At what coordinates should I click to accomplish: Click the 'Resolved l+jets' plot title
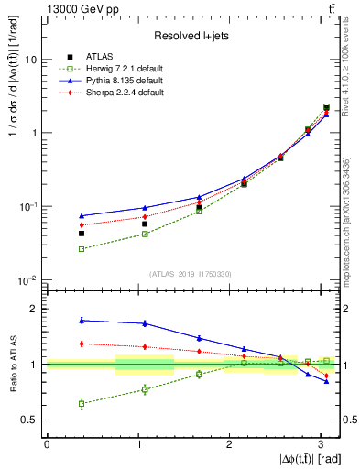tap(191, 36)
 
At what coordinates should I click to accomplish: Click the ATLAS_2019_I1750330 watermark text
tap(191, 274)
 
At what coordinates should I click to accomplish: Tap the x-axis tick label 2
tap(229, 444)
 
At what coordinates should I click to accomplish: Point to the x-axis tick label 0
tap(47, 444)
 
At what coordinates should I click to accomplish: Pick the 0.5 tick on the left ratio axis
tap(30, 420)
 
